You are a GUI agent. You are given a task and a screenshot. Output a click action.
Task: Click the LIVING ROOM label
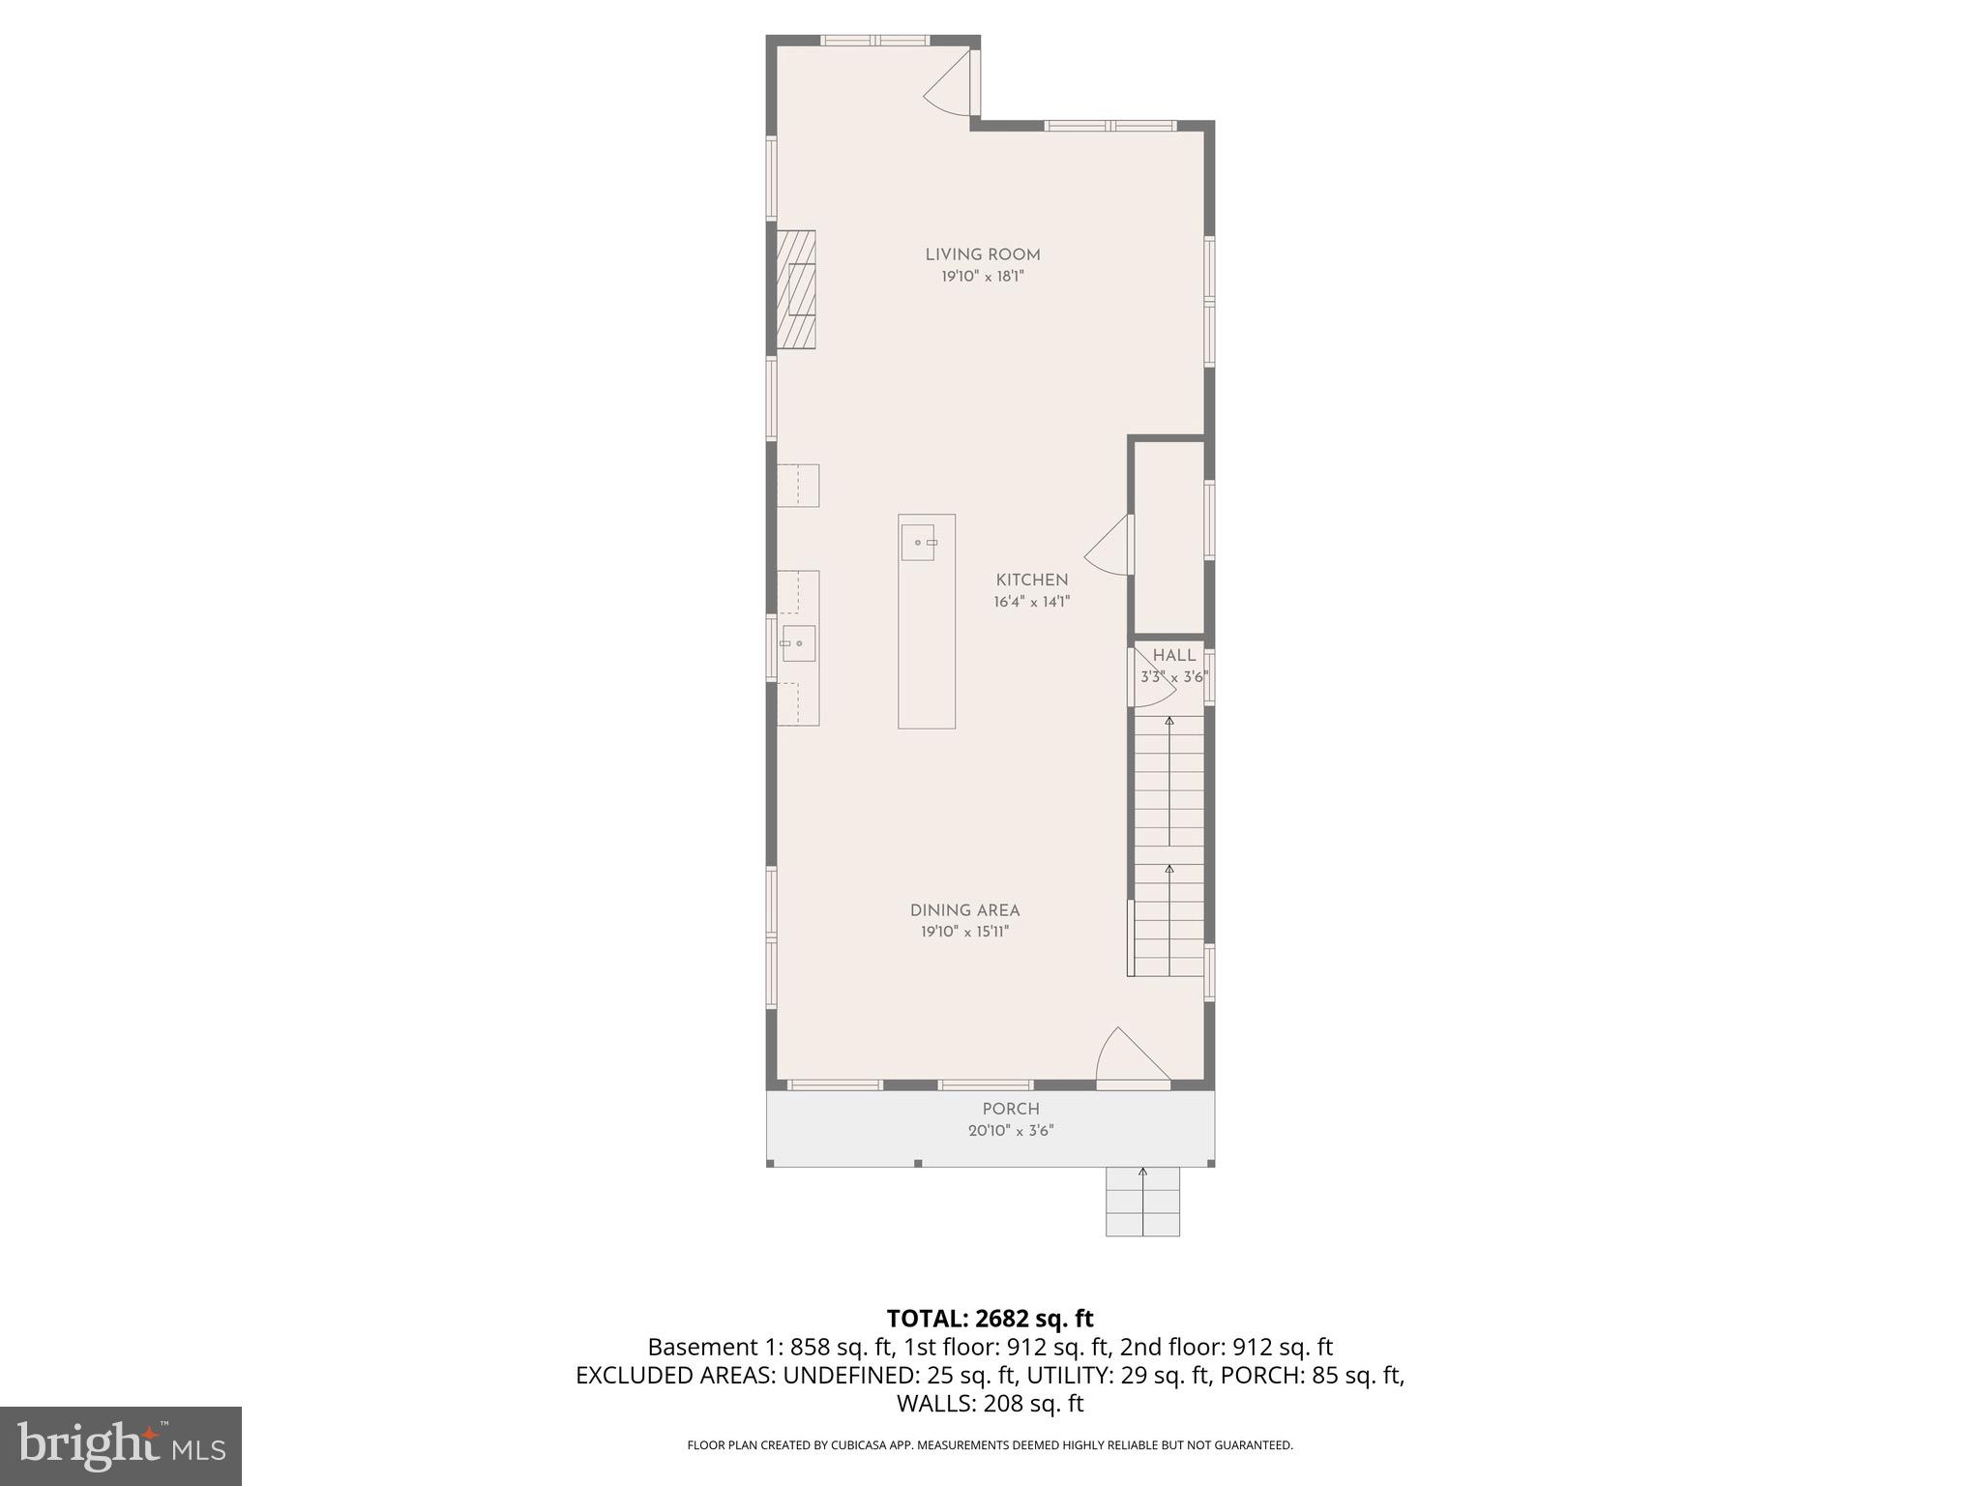[x=982, y=254]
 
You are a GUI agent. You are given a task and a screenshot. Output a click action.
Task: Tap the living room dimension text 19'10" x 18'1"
[x=982, y=277]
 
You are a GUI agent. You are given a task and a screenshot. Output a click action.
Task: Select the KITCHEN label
[x=1031, y=580]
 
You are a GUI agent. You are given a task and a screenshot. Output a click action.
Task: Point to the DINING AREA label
[x=964, y=910]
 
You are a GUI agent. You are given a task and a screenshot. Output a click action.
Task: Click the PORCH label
[x=1011, y=1109]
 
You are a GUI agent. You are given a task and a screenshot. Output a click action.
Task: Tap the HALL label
[x=1173, y=655]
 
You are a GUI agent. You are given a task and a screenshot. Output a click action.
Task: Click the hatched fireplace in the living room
[x=795, y=289]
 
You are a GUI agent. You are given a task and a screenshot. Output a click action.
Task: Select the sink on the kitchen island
[x=918, y=543]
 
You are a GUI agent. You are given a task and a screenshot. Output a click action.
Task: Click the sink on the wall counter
[x=798, y=643]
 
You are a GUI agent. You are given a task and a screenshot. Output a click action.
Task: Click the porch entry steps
[x=1142, y=1202]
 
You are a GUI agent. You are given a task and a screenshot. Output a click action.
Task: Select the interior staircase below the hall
[x=1168, y=847]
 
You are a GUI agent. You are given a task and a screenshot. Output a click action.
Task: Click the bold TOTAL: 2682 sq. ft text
[x=990, y=1319]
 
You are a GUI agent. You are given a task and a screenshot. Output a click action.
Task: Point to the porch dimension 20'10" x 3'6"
[x=1011, y=1131]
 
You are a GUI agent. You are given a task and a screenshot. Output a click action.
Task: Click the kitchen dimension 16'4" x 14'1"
[x=1031, y=602]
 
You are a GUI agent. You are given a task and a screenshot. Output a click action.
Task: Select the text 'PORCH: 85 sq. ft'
[x=1313, y=1375]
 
